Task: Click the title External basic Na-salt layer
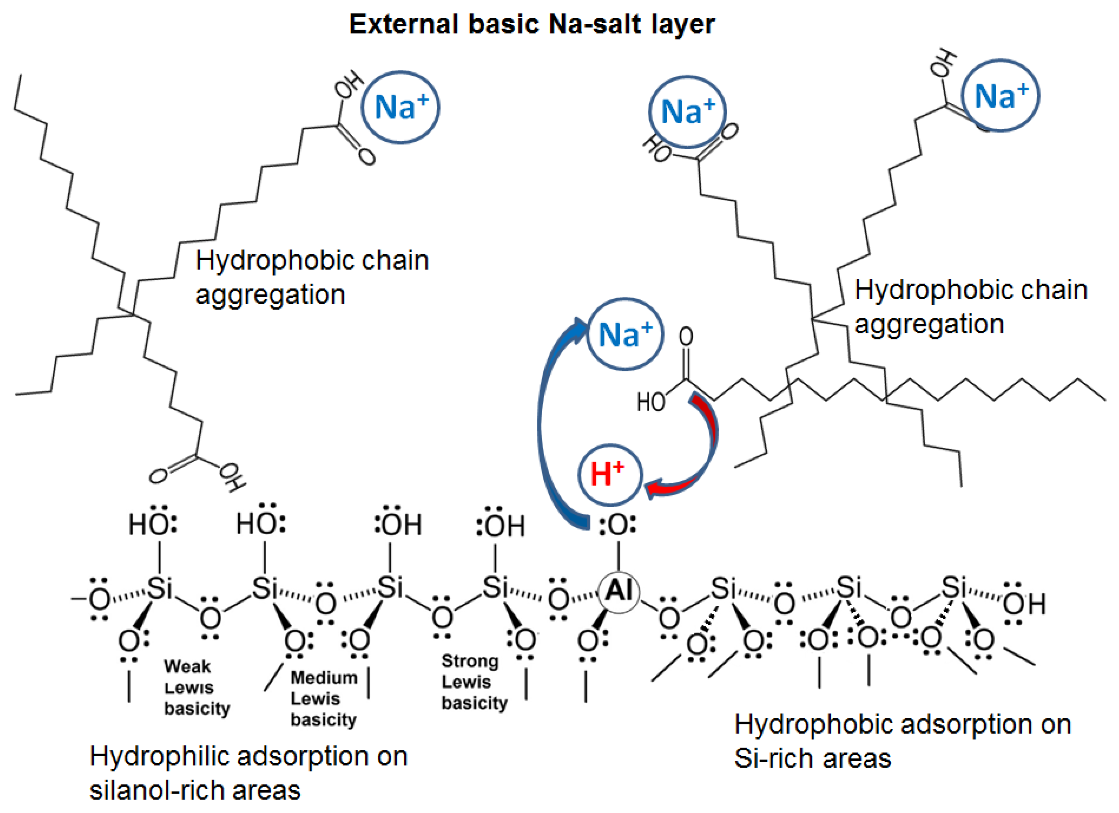tap(532, 24)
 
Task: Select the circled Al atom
tap(619, 591)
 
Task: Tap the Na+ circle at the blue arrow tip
tap(625, 334)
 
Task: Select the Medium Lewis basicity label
tap(323, 698)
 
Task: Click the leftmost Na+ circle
tap(400, 107)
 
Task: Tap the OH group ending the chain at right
tap(1024, 603)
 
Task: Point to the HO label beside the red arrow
tap(650, 402)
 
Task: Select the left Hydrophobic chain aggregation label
tap(311, 277)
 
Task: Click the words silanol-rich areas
tap(195, 790)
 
